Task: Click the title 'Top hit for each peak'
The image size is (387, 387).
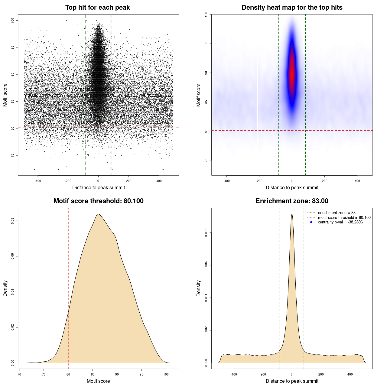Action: point(97,8)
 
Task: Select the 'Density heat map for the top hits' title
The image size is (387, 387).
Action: point(292,8)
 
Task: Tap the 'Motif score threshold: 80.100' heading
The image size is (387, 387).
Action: point(98,201)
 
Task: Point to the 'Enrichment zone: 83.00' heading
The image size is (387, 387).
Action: point(292,201)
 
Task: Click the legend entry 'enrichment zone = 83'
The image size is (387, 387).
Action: point(337,213)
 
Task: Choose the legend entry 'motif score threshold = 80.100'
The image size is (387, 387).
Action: point(344,217)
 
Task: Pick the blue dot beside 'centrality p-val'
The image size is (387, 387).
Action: point(311,222)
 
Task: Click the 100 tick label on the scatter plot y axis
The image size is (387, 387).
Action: point(12,20)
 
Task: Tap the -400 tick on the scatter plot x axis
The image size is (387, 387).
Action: point(38,181)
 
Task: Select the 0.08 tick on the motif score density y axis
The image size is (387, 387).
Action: point(12,221)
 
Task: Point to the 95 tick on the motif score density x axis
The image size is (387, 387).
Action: point(141,374)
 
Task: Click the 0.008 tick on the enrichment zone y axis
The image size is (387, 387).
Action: point(206,233)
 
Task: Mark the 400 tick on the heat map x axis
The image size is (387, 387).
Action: point(357,181)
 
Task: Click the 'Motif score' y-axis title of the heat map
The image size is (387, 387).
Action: point(199,95)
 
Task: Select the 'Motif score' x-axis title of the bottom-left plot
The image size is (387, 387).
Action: point(98,381)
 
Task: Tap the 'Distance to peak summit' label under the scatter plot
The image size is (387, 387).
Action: point(99,187)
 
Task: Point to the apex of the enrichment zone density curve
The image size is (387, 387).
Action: point(292,214)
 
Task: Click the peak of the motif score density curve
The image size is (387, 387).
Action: point(98,214)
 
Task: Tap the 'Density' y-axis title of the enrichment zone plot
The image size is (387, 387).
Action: point(199,288)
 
